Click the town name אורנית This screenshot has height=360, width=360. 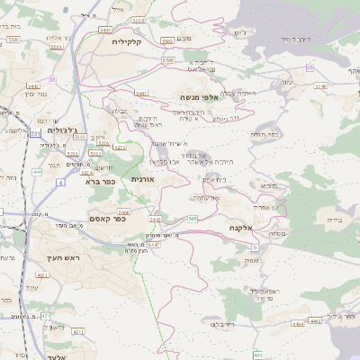[x=143, y=179]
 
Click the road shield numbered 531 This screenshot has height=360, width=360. [x=35, y=133]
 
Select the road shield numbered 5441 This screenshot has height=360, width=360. [x=140, y=93]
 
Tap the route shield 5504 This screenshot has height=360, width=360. [x=137, y=20]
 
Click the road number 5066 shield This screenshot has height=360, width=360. [x=123, y=212]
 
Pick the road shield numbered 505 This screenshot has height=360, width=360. [x=193, y=219]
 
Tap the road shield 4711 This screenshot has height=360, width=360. [x=77, y=331]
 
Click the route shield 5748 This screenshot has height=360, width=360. [x=321, y=86]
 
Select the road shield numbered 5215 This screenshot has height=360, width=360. [x=121, y=148]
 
